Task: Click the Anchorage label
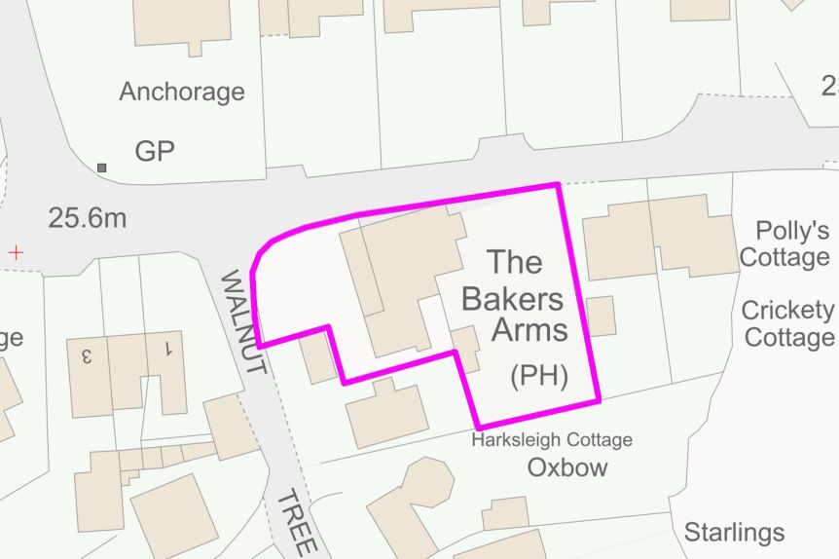182,92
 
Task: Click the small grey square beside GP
102,168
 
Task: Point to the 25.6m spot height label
88,217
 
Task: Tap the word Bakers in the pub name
513,298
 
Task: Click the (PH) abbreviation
538,377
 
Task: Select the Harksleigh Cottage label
552,440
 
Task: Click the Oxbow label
567,467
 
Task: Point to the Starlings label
734,532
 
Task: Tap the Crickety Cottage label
787,323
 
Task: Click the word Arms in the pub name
529,330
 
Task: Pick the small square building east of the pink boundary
601,317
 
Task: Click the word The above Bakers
515,261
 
